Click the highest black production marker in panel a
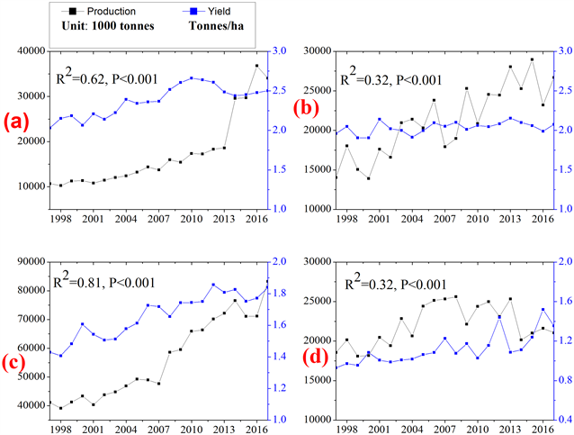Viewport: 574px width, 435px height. [257, 66]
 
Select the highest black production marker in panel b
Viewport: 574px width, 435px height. [532, 59]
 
